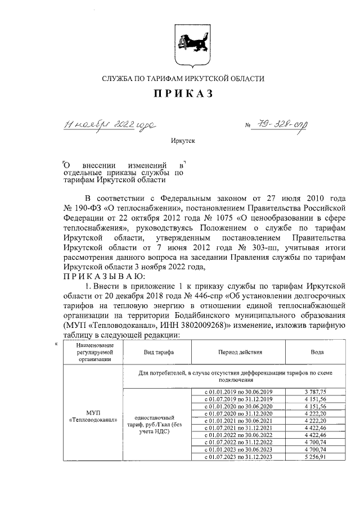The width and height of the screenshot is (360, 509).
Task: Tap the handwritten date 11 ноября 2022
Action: pyautogui.click(x=107, y=124)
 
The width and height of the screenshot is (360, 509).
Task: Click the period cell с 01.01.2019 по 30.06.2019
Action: pyautogui.click(x=239, y=391)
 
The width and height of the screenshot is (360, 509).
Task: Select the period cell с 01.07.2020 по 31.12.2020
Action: pyautogui.click(x=239, y=413)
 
